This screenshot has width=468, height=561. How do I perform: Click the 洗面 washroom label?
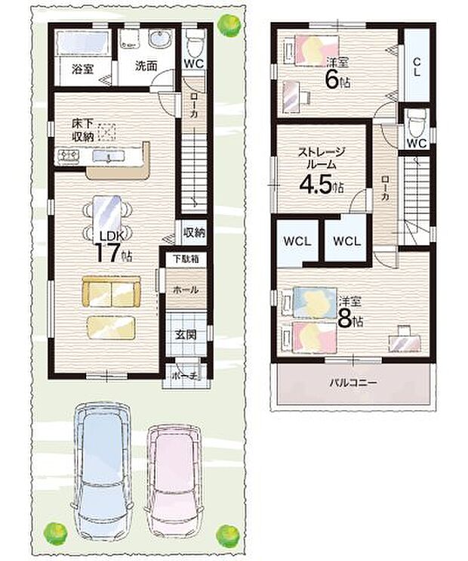(x=146, y=66)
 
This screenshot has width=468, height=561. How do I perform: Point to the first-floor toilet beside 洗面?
(x=193, y=42)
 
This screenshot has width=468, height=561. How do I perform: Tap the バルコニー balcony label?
(x=353, y=383)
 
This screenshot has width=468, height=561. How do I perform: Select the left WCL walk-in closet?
(x=297, y=242)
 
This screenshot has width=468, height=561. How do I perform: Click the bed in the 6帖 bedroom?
(x=308, y=52)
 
